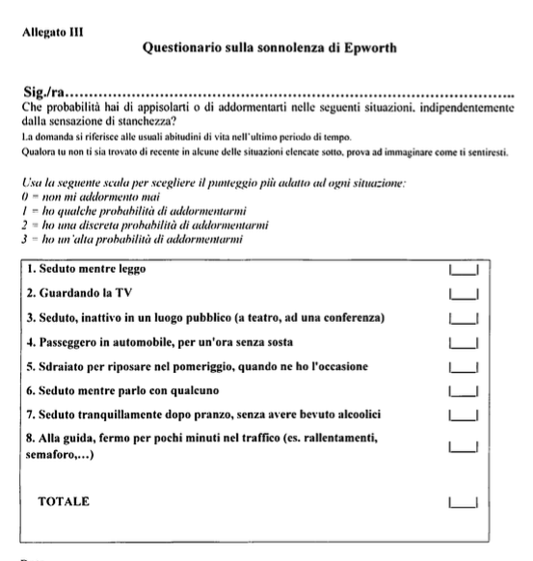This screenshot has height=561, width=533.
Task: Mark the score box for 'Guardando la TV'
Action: click(464, 293)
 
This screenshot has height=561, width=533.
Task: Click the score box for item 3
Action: click(464, 317)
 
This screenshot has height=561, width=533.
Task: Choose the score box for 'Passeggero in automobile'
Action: click(464, 341)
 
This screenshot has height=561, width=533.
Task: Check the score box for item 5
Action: click(464, 366)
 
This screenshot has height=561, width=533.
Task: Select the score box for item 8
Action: click(464, 445)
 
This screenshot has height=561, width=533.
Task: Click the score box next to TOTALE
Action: click(464, 501)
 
